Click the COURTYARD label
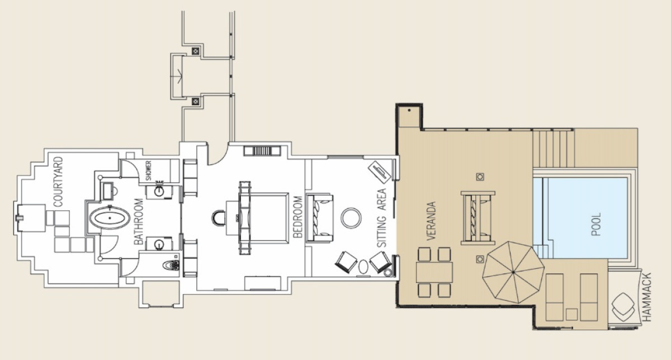pyautogui.click(x=58, y=182)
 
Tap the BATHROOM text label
pyautogui.click(x=139, y=221)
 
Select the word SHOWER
pyautogui.click(x=149, y=170)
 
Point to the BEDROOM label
pyautogui.click(x=297, y=217)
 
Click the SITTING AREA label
pyautogui.click(x=381, y=218)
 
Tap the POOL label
pyautogui.click(x=596, y=224)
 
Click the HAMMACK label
pyautogui.click(x=647, y=297)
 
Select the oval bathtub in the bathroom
pyautogui.click(x=110, y=218)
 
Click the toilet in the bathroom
pyautogui.click(x=171, y=265)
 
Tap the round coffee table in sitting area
pyautogui.click(x=351, y=218)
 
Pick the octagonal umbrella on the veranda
pyautogui.click(x=513, y=272)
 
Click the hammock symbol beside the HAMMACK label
pyautogui.click(x=623, y=307)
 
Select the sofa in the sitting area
pyautogui.click(x=319, y=218)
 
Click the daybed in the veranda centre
pyautogui.click(x=478, y=218)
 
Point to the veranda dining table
pyautogui.click(x=434, y=272)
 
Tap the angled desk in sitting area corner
pyautogui.click(x=380, y=172)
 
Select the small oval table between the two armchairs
pyautogui.click(x=363, y=267)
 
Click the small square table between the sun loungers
pyautogui.click(x=571, y=315)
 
